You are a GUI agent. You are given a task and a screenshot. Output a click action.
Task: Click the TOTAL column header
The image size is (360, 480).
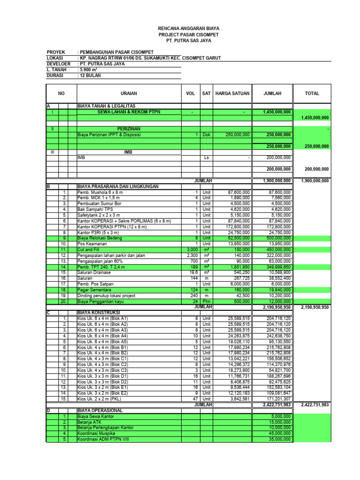[312, 94]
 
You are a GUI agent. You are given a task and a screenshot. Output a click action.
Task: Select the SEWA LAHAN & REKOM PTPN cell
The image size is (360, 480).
[128, 112]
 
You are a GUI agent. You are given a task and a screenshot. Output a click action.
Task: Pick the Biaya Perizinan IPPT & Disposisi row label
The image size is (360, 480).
[109, 135]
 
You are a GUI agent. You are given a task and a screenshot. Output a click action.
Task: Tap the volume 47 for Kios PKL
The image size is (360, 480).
[196, 399]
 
